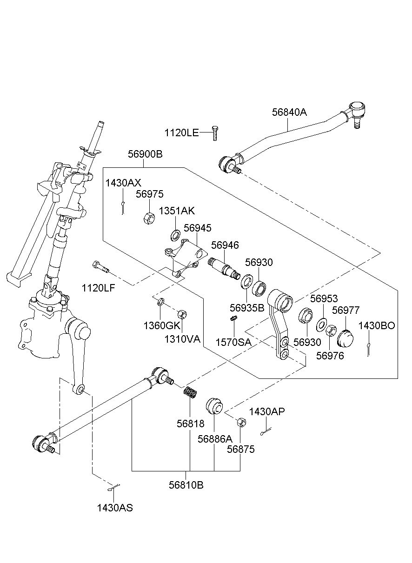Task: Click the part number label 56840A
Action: pos(289,112)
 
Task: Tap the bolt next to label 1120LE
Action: pos(214,133)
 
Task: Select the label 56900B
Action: pos(145,154)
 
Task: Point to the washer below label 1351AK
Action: pos(175,234)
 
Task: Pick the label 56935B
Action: pos(247,308)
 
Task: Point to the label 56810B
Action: pos(186,485)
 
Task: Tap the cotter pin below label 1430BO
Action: pos(368,349)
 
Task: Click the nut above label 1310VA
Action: pos(182,314)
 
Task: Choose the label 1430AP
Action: pos(267,412)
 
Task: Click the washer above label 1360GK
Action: pos(160,301)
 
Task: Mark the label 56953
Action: pos(324,298)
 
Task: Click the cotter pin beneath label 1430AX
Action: pos(123,208)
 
